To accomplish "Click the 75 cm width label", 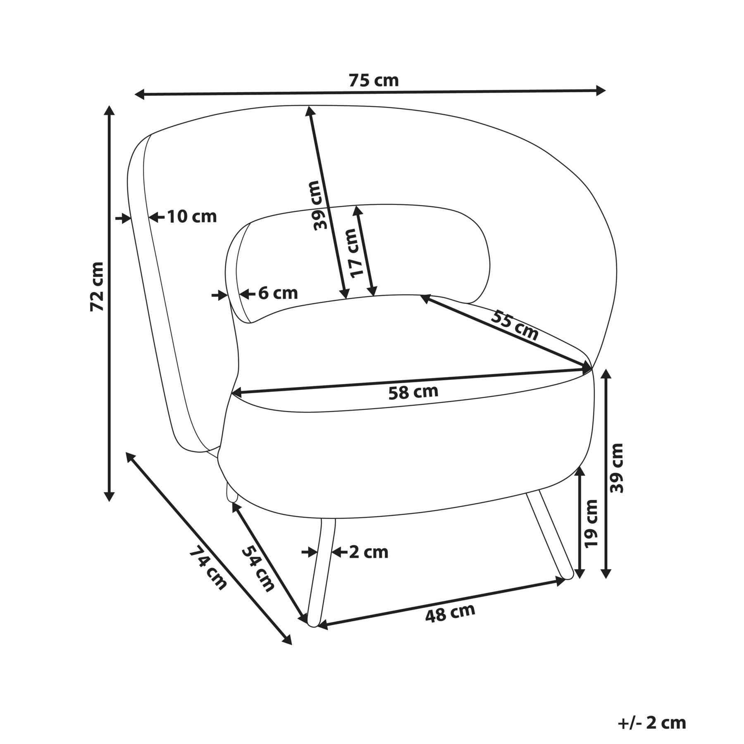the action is tap(374, 80).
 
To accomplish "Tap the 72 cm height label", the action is tap(98, 286).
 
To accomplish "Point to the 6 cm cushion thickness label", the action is tap(278, 293).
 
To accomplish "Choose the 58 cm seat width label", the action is tap(413, 391).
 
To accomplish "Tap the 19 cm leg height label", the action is tap(591, 523).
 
